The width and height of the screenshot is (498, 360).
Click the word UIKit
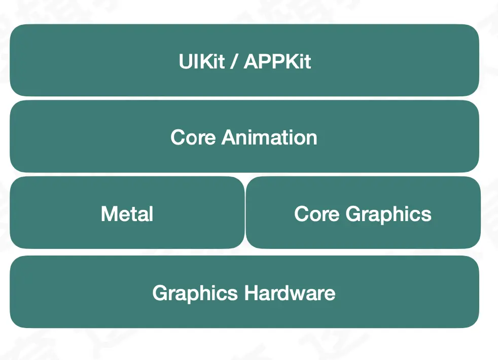pos(201,62)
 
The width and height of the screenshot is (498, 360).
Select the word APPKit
pos(277,62)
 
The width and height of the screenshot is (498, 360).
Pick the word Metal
pos(127,214)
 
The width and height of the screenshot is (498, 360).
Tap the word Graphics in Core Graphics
pos(388,214)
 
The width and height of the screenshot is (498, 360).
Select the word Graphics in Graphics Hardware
pos(195,293)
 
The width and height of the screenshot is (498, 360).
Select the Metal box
pos(61,231)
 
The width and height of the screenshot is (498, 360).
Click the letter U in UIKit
pos(185,62)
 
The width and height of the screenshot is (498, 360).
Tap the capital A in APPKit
pos(252,62)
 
